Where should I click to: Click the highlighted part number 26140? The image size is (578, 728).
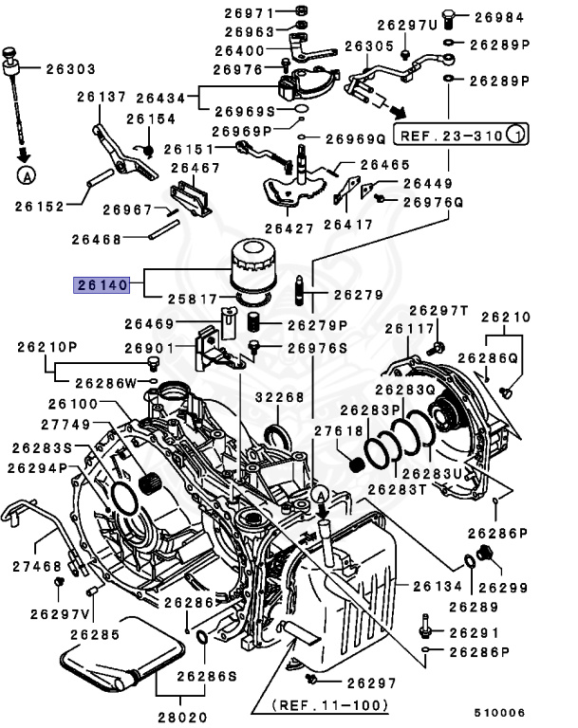(x=102, y=284)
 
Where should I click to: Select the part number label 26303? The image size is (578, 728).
(x=71, y=67)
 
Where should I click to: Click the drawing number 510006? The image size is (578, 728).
(x=498, y=712)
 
